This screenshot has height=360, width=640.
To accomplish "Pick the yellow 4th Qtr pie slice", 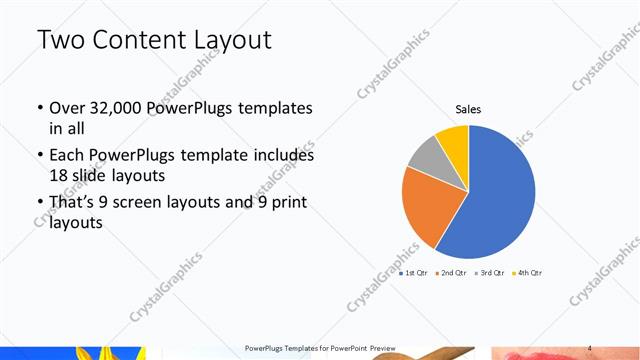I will click(x=453, y=140).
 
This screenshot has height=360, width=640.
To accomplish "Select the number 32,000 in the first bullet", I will click(x=115, y=107).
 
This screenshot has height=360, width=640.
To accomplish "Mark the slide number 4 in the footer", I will click(x=590, y=346).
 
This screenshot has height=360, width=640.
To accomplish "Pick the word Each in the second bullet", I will click(x=66, y=156).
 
